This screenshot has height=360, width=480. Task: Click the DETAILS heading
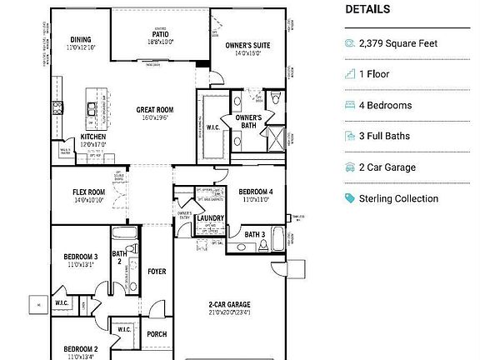pyautogui.click(x=367, y=10)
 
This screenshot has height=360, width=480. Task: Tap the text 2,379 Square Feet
pyautogui.click(x=397, y=43)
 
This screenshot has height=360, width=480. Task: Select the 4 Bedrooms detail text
pyautogui.click(x=385, y=106)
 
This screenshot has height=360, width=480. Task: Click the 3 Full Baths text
pyautogui.click(x=387, y=137)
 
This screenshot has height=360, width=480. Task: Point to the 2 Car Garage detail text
pyautogui.click(x=387, y=167)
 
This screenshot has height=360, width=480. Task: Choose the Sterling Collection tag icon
pyautogui.click(x=349, y=198)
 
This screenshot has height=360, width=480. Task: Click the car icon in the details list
pyautogui.click(x=349, y=167)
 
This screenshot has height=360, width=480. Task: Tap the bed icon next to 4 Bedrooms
pyautogui.click(x=349, y=106)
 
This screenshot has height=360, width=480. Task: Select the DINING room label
pyautogui.click(x=81, y=39)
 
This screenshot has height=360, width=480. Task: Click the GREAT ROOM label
pyautogui.click(x=155, y=109)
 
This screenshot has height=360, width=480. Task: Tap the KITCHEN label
pyautogui.click(x=92, y=137)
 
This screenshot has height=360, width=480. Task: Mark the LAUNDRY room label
pyautogui.click(x=210, y=218)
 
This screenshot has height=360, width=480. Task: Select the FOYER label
pyautogui.click(x=157, y=272)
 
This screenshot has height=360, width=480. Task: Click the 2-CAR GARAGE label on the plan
pyautogui.click(x=229, y=305)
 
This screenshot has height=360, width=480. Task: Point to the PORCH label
pyautogui.click(x=157, y=334)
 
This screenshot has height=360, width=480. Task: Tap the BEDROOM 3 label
pyautogui.click(x=81, y=256)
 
